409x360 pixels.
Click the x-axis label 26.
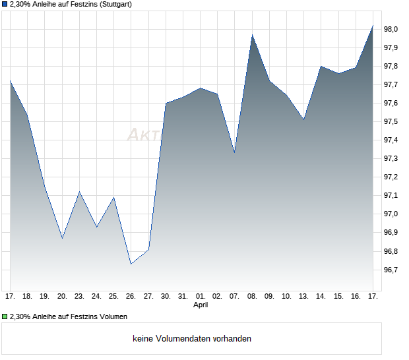coord(131,296)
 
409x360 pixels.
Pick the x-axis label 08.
coord(252,296)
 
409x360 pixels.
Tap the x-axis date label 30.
coord(166,296)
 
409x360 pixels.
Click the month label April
coord(201,305)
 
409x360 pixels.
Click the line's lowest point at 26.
coord(131,264)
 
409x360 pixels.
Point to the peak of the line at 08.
coord(252,35)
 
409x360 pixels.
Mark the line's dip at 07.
coord(235,153)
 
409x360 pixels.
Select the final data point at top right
coord(373,26)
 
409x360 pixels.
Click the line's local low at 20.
coord(62,237)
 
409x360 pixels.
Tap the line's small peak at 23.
coord(79,192)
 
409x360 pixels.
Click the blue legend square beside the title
coord(5,5)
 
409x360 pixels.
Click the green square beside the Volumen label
coord(5,316)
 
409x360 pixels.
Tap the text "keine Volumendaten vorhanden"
coord(191,339)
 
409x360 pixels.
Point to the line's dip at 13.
coord(303,119)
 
